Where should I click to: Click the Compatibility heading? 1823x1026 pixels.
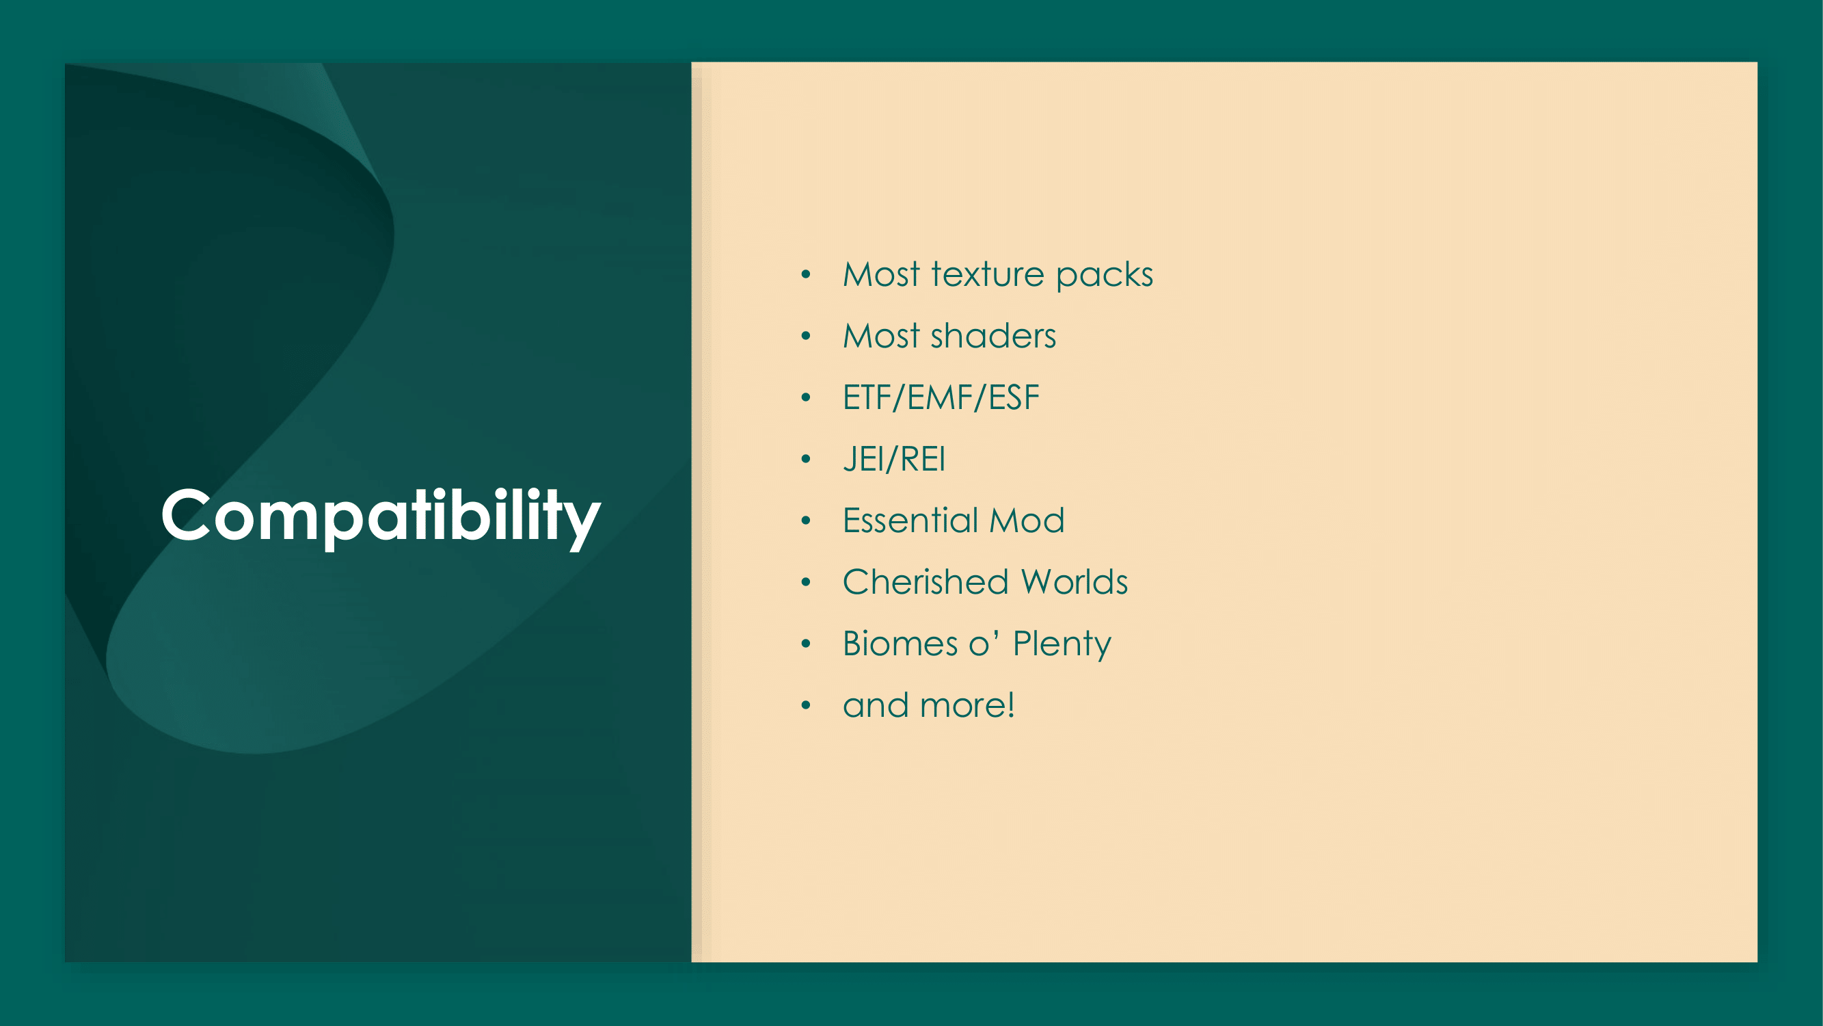pos(381,517)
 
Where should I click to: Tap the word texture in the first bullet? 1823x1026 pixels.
pos(988,274)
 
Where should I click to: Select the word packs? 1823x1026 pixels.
pos(1105,276)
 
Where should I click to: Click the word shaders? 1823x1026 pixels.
pos(994,336)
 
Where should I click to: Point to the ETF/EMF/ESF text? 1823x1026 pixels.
pos(941,397)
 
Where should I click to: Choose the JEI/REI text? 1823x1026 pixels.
pos(895,459)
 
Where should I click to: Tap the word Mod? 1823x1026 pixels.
pos(1027,521)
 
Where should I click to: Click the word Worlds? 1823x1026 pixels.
pos(1075,582)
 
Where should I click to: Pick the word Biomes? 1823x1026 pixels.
pos(900,644)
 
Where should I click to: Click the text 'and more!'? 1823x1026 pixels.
pos(929,705)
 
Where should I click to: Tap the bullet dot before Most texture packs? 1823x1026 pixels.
pos(805,275)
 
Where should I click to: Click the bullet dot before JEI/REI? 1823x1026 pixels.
pos(805,460)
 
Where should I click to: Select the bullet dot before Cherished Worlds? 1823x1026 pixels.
pos(805,583)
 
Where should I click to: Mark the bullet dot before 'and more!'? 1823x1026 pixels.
pos(805,706)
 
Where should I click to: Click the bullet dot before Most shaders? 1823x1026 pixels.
pos(805,337)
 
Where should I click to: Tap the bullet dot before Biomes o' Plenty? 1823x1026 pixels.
pos(805,644)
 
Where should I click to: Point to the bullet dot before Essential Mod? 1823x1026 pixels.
pos(805,521)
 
